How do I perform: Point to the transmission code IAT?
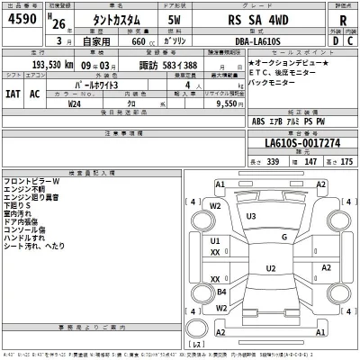coord(13,93)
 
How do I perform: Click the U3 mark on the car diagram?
coord(251,217)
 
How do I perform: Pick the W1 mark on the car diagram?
coord(216,206)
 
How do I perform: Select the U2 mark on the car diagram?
coord(269,268)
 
